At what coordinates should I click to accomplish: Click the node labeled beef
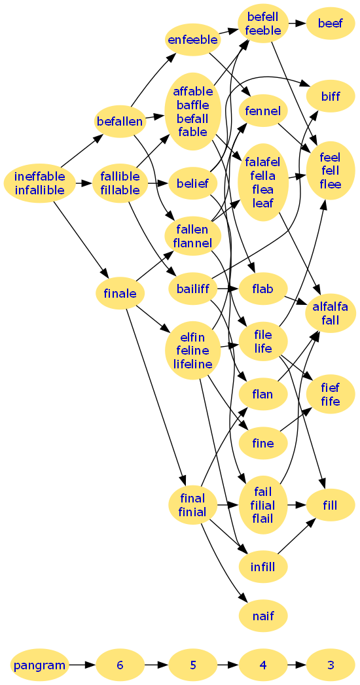pos(330,23)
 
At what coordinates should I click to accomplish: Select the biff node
pos(330,96)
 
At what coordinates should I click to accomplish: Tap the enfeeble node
pos(192,40)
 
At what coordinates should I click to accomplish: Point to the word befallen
pos(120,122)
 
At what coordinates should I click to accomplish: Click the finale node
pos(120,293)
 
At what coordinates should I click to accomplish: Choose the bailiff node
pos(192,289)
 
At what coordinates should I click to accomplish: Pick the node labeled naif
pos(263,616)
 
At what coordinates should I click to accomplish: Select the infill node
pos(263,567)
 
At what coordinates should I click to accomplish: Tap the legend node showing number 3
pos(330,665)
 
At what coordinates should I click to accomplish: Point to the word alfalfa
pos(331,307)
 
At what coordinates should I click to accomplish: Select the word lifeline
pos(192,364)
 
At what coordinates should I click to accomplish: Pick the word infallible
pos(40,190)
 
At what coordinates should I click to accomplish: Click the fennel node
pos(263,111)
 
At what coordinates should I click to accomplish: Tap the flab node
pos(263,289)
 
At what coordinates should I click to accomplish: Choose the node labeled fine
pos(263,444)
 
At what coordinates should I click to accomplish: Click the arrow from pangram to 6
pos(82,665)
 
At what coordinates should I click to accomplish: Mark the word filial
pos(262,506)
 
